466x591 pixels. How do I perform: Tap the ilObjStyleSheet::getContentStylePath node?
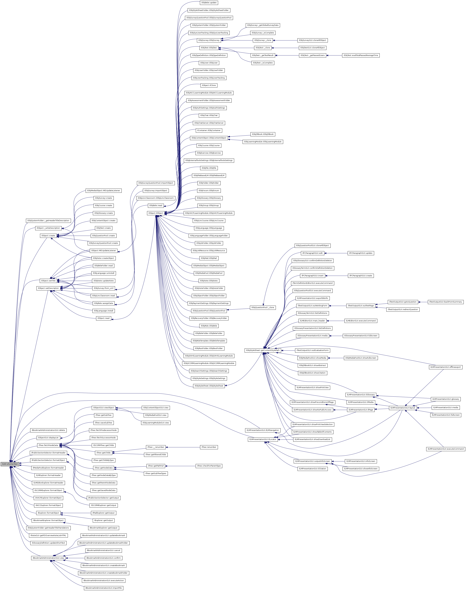263,350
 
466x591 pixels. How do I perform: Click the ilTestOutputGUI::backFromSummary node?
446,302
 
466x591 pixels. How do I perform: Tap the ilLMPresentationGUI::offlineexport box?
446,367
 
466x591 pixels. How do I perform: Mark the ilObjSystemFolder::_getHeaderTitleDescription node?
48,221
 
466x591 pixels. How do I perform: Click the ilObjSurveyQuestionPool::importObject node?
155,183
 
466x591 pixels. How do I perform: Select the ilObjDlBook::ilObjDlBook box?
263,134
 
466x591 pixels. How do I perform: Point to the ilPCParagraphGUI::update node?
361,253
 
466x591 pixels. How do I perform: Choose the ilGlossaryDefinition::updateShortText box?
48,543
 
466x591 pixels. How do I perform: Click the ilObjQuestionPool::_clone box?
263,308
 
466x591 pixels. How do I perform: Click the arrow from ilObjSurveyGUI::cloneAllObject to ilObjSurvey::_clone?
285,40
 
